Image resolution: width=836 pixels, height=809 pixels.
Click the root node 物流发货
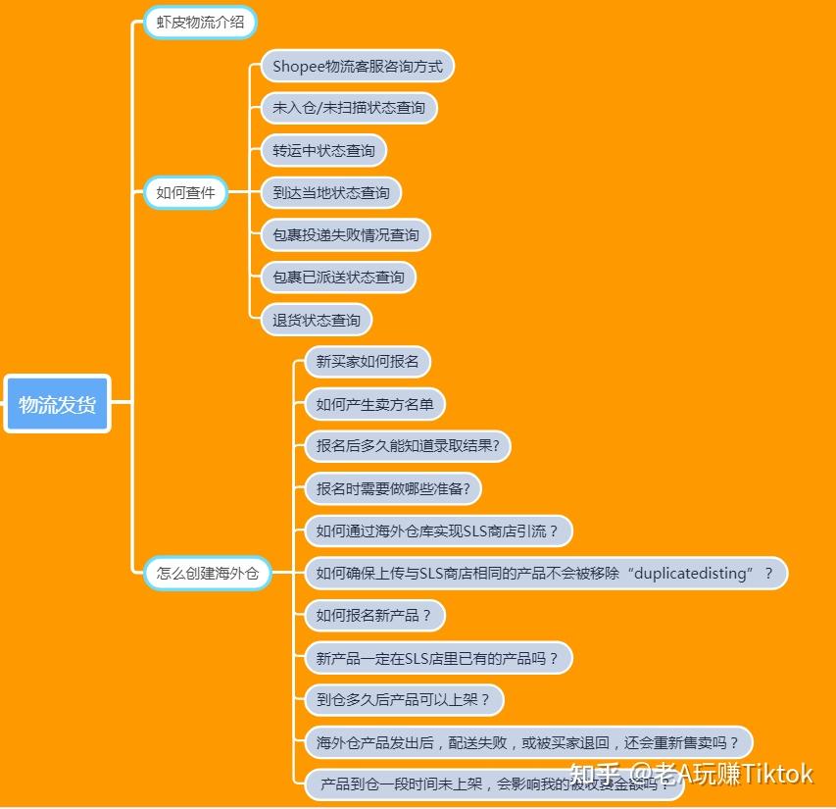pos(58,404)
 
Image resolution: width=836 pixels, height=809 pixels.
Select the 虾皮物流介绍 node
pos(201,22)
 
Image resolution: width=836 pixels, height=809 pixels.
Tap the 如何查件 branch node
pos(185,192)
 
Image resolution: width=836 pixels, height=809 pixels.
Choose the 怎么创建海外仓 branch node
pos(208,573)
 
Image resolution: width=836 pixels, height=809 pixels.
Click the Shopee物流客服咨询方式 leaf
pos(358,67)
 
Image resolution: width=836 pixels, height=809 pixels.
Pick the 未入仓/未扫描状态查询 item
pos(349,108)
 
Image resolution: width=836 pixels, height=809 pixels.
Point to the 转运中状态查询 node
pos(323,151)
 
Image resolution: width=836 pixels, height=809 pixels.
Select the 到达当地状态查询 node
pos(331,193)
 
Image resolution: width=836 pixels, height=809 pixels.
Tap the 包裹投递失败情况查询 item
pos(346,235)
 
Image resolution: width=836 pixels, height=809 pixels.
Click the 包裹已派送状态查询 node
pos(338,278)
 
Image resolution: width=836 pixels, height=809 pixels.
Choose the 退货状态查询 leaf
pos(317,320)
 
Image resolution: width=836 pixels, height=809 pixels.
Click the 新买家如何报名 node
pos(368,362)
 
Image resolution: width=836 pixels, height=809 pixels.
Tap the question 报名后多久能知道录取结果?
pos(408,446)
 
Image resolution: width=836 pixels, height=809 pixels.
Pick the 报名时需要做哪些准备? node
pos(399,488)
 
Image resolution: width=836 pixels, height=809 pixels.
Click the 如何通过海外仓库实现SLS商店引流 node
pos(437,531)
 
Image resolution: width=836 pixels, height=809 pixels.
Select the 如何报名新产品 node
pos(374,616)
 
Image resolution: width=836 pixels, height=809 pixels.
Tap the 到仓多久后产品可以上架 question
pos(403,700)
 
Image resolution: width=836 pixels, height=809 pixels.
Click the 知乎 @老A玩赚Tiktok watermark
pos(691,774)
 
